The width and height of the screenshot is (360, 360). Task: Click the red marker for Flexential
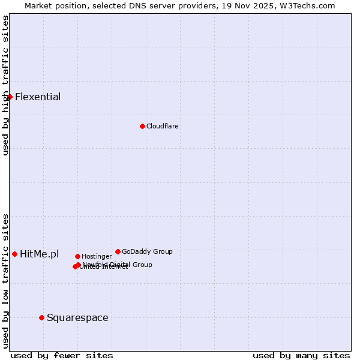coord(10,97)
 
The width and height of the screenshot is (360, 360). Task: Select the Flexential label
coord(38,97)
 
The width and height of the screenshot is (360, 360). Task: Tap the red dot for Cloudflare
coord(142,126)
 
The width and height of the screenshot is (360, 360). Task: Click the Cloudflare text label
coord(163,127)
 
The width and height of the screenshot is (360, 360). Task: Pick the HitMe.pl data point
coord(14,254)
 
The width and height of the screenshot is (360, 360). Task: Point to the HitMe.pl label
coord(40,254)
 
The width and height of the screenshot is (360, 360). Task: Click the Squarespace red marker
coord(41,317)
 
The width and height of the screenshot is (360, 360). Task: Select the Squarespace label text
coord(77,318)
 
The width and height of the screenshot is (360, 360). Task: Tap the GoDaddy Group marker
coord(118,251)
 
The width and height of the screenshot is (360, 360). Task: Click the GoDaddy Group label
coord(147,252)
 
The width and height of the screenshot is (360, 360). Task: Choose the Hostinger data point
coord(77,256)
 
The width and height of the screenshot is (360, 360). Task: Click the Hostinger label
coord(97,257)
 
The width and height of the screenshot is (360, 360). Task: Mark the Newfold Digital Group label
coord(118,265)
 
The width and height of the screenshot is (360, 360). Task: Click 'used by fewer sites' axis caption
coord(62,356)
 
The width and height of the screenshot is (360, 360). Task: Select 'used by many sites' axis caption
coord(301,356)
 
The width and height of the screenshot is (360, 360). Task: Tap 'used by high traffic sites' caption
coord(6,85)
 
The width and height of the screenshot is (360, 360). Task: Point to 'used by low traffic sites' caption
coord(6,281)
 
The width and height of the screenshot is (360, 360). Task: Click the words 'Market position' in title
coord(52,6)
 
